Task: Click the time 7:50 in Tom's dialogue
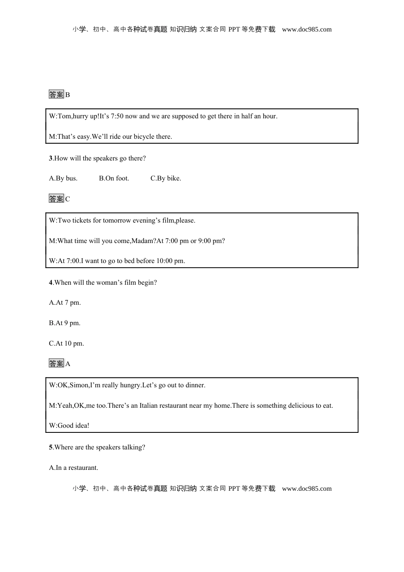point(116,116)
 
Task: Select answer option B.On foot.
point(114,178)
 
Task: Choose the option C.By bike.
point(165,178)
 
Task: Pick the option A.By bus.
point(63,178)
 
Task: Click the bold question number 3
point(51,158)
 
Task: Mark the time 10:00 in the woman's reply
point(165,261)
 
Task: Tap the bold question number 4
point(51,283)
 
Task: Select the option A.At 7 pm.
point(65,303)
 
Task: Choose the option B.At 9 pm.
point(65,323)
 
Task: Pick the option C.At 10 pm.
point(66,343)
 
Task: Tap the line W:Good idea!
point(69,426)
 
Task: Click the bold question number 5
point(51,447)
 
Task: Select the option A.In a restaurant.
point(74,468)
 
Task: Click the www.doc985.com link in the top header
point(307,29)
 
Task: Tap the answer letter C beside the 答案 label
point(68,199)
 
